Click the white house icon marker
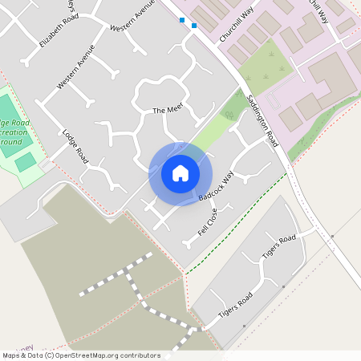[180, 173]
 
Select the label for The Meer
[168, 110]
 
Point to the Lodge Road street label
[75, 144]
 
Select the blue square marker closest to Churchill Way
[194, 26]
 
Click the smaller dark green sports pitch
[26, 162]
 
